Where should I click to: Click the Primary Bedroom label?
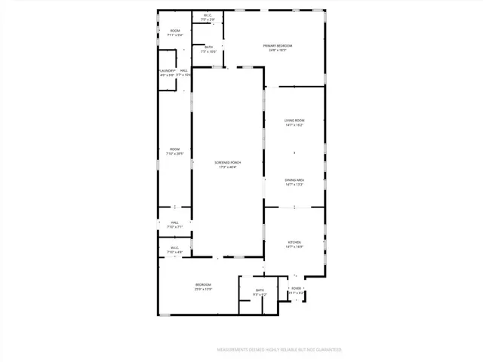click(x=277, y=46)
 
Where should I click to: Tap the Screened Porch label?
click(x=227, y=162)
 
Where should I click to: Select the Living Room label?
click(x=294, y=121)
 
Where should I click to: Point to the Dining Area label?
click(x=294, y=179)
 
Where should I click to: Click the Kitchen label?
click(x=294, y=241)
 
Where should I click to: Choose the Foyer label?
click(x=297, y=288)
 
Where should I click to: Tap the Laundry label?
click(x=167, y=71)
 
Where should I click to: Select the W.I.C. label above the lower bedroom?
click(x=174, y=247)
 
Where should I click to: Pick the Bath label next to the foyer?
click(x=260, y=290)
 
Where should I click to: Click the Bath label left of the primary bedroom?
click(x=209, y=47)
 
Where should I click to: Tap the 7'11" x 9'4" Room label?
click(x=174, y=31)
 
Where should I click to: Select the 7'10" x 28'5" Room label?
click(x=174, y=149)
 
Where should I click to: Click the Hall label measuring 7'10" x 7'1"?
click(x=174, y=222)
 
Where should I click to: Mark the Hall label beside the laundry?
click(x=183, y=71)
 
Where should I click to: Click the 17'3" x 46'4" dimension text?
click(x=227, y=167)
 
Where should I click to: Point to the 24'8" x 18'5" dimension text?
click(x=277, y=51)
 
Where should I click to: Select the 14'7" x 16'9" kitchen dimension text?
click(x=294, y=247)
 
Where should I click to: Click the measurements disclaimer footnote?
click(x=279, y=350)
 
